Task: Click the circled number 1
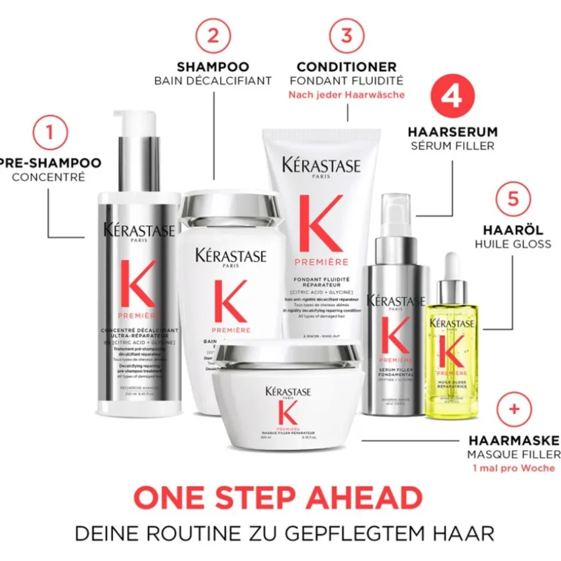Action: [48, 133]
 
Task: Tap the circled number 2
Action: [213, 36]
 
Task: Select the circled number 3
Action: [346, 36]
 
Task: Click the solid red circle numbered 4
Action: [452, 97]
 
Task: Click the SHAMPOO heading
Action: [213, 66]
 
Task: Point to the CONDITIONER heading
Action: [346, 66]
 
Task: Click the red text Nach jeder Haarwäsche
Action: [346, 95]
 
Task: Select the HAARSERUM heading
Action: [452, 132]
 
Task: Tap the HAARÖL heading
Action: [513, 230]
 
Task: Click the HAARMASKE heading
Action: [513, 441]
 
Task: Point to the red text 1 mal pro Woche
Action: [513, 468]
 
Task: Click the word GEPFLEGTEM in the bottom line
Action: [359, 534]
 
